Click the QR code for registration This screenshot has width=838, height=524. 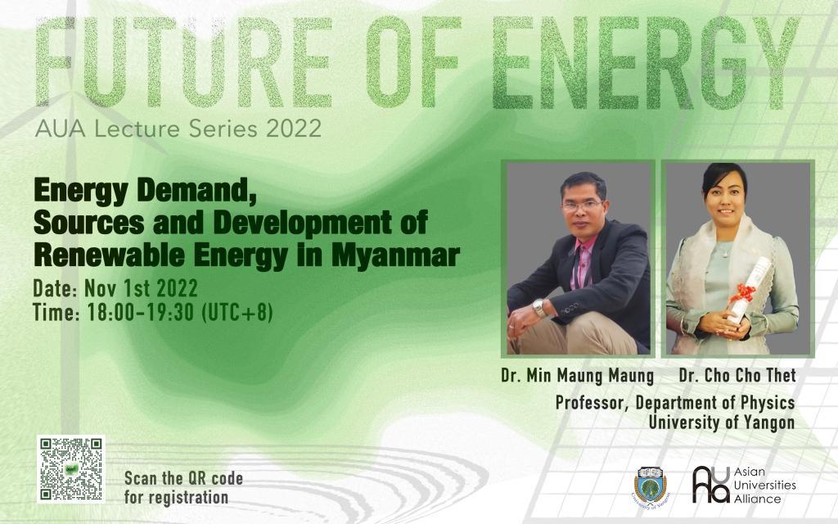click(71, 469)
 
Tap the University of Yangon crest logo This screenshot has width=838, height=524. click(651, 485)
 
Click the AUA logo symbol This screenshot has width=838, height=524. click(710, 485)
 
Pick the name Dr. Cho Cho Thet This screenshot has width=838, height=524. click(737, 377)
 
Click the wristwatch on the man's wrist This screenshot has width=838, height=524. click(539, 308)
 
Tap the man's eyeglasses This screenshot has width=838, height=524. click(583, 206)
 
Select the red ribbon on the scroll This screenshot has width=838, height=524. click(744, 292)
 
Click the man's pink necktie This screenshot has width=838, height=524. click(584, 262)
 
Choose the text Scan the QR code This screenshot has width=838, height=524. click(183, 478)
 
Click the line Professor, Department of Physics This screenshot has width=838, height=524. click(674, 403)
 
